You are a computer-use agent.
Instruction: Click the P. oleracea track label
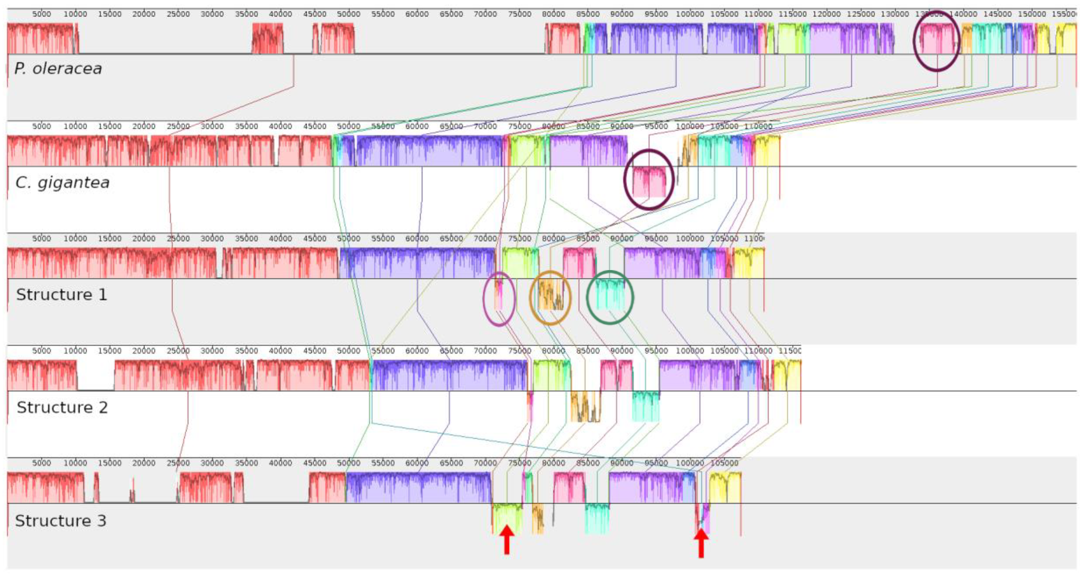58,68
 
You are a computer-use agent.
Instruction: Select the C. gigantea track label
62,182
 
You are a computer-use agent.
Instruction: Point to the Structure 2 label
62,407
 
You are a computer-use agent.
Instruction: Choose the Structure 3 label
61,521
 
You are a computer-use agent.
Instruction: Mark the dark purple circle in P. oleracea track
936,41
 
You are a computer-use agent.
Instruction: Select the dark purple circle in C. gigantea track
649,179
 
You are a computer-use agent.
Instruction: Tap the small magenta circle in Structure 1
499,298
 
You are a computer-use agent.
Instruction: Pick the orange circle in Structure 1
550,298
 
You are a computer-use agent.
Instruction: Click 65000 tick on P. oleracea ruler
451,14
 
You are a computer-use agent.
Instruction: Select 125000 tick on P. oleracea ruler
861,14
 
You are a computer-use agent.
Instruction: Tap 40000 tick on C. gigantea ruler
280,127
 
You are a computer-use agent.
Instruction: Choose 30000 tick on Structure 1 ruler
212,239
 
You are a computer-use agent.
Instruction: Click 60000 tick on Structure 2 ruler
417,351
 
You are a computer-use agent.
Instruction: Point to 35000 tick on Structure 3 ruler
246,463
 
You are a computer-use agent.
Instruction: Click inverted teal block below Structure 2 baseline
646,406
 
